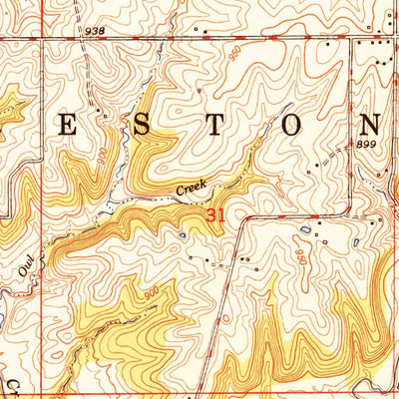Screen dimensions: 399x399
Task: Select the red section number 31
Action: tap(216, 214)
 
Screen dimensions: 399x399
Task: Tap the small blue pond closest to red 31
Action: tap(183, 234)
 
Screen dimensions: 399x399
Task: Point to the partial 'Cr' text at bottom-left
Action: tap(14, 385)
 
